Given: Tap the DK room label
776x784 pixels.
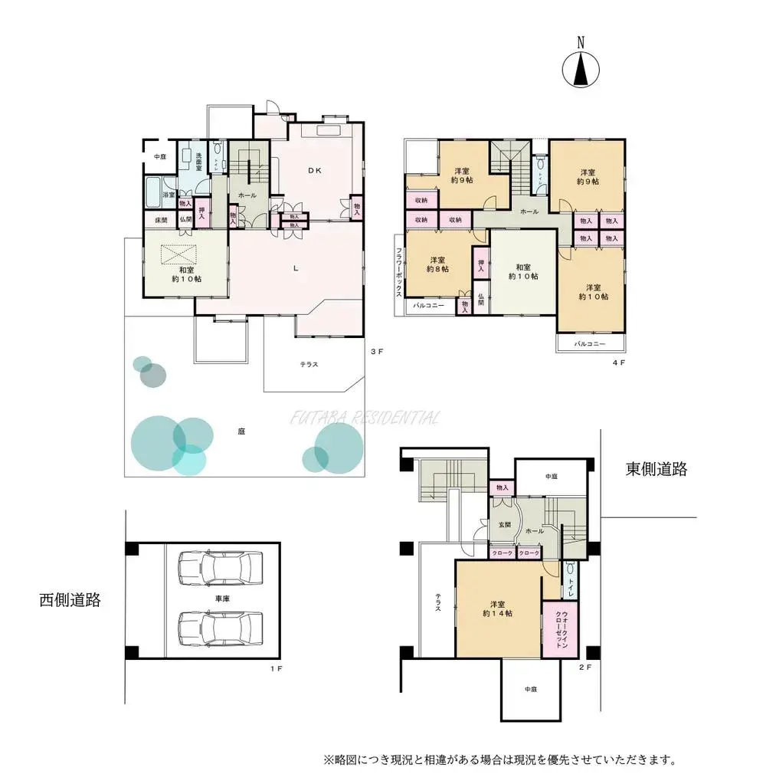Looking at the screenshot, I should tap(315, 171).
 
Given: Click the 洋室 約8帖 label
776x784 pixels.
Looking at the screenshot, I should tap(438, 264).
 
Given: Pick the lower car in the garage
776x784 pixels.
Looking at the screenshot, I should tap(219, 628).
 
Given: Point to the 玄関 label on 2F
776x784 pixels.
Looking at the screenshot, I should tap(505, 524).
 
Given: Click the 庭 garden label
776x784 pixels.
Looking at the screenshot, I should tap(241, 431).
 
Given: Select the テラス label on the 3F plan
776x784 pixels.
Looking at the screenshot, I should tap(309, 365).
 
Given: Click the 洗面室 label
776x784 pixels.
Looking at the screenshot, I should tap(199, 160).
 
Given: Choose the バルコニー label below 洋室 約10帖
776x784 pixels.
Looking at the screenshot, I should tap(591, 344).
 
